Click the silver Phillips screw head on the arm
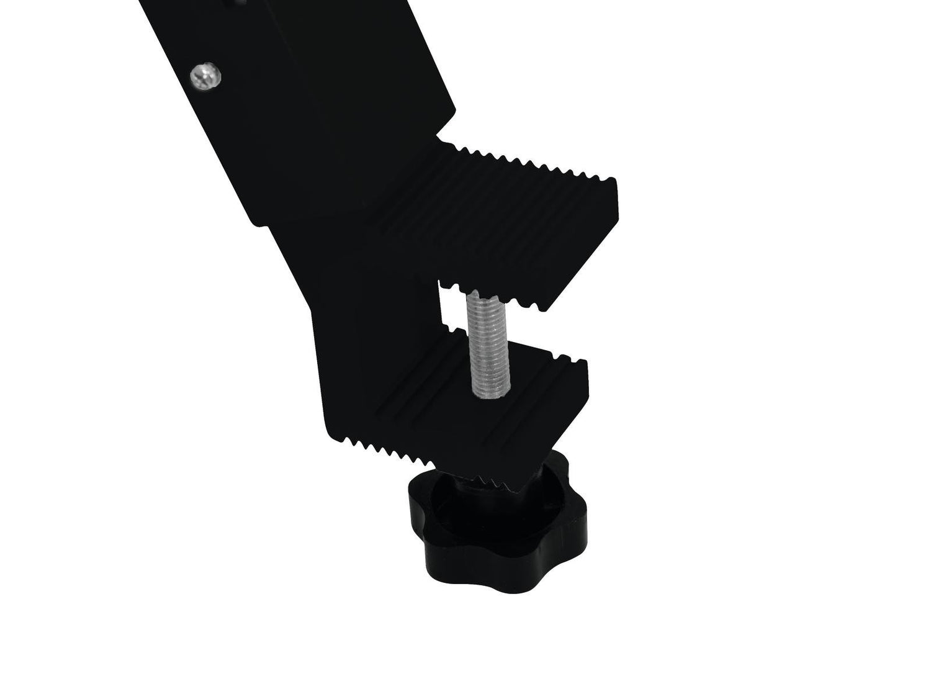click(x=205, y=75)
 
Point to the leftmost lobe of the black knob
click(x=414, y=504)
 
